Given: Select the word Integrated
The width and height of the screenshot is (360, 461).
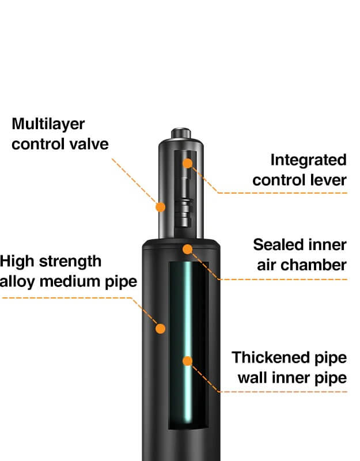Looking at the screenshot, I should coord(308,160).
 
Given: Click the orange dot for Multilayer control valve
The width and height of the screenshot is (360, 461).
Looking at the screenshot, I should coord(161,206).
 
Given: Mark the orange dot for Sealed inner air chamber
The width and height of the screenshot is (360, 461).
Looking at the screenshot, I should coord(187,249).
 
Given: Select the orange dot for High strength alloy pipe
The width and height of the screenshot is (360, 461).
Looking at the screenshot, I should coord(160,328).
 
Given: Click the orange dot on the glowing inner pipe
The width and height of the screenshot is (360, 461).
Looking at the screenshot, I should coord(187,361).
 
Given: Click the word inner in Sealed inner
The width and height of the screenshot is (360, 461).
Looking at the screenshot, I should coord(328,244).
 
